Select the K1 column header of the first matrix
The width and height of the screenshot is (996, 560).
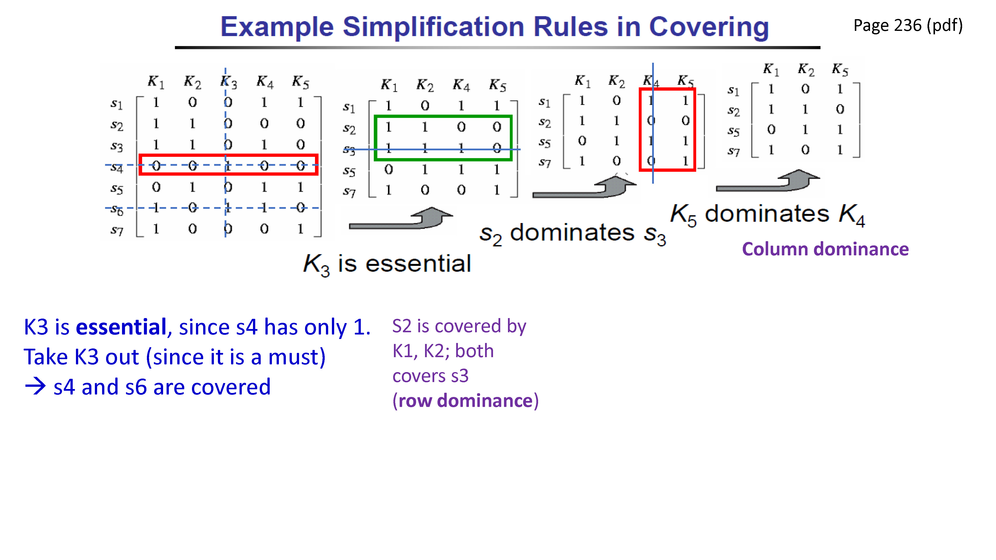(x=156, y=82)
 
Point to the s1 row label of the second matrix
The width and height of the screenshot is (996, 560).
(x=349, y=108)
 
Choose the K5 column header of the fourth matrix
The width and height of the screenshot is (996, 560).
(x=840, y=70)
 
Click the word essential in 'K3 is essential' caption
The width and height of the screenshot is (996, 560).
(x=418, y=264)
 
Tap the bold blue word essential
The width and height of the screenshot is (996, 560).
(x=121, y=327)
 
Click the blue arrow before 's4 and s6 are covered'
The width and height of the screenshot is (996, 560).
(x=35, y=387)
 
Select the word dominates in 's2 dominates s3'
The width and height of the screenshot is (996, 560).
(x=572, y=233)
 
